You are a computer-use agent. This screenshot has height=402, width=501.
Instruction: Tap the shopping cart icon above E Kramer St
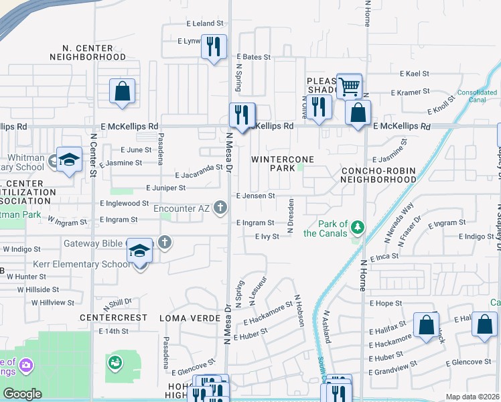[x=349, y=86]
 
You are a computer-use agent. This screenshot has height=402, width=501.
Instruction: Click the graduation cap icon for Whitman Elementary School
[x=68, y=160]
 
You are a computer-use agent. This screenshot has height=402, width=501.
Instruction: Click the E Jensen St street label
[x=255, y=196]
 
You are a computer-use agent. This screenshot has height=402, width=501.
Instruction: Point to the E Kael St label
[x=413, y=73]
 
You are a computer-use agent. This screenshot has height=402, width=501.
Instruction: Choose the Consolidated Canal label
[x=476, y=96]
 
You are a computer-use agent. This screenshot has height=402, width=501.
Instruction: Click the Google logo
[x=23, y=394]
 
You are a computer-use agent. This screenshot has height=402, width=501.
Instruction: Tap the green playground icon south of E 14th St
[x=115, y=362]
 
